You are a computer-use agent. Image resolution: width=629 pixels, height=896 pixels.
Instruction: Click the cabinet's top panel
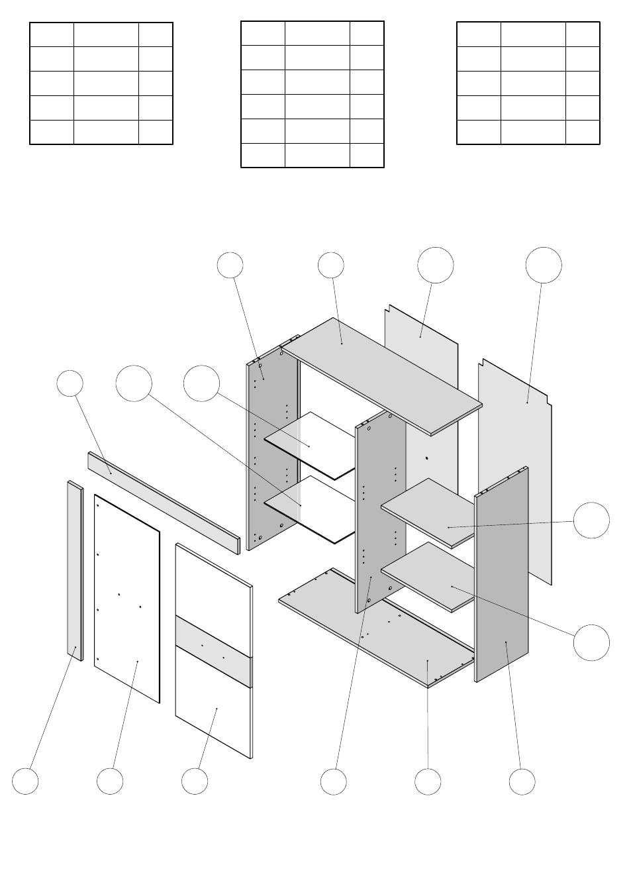coord(384,374)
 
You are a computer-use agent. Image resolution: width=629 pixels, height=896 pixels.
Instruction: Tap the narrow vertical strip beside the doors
coord(75,570)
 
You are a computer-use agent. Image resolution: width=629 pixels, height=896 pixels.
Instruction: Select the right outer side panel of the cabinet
coord(501,576)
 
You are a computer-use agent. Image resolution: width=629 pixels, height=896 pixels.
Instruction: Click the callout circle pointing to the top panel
coord(330,265)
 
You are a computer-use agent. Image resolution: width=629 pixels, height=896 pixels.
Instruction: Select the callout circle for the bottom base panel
coord(428,782)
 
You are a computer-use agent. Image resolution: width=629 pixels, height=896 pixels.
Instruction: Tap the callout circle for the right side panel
coord(522,782)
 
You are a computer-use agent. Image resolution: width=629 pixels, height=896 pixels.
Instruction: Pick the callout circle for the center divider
coord(333,782)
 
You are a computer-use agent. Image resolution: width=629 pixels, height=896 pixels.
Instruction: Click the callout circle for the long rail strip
coord(70,384)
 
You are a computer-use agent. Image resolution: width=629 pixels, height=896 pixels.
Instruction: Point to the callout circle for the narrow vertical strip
coord(25,782)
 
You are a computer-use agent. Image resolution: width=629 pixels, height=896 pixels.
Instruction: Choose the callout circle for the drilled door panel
coord(109,782)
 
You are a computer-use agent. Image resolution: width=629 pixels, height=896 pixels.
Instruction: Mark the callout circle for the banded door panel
coord(195,782)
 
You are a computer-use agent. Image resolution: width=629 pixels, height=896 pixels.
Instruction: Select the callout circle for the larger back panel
coord(544,265)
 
